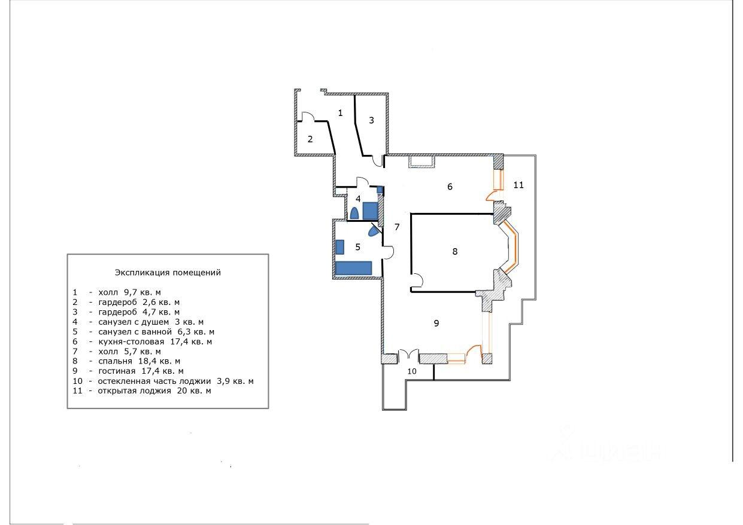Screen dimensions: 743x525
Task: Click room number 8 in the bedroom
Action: click(455, 251)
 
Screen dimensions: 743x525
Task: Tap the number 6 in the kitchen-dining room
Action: click(450, 187)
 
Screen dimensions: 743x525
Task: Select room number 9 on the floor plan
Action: click(436, 323)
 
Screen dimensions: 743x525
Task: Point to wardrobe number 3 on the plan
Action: click(371, 120)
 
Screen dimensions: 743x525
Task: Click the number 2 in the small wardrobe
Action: click(310, 139)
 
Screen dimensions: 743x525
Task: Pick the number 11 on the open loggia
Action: click(518, 185)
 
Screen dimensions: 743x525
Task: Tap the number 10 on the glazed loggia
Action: click(412, 371)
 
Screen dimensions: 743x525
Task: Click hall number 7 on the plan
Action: click(397, 227)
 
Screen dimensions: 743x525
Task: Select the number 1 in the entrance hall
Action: click(340, 113)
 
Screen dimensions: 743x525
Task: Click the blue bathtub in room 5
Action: click(353, 268)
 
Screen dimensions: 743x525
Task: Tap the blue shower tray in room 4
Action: click(370, 211)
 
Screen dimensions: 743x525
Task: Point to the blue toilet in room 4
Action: click(354, 213)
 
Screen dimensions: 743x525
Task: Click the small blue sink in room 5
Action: click(339, 247)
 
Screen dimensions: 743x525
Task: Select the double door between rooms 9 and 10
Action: click(408, 355)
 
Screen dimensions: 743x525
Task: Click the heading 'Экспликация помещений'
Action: click(168, 273)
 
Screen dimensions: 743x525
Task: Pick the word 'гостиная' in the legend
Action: click(117, 371)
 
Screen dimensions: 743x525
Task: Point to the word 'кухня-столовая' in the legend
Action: click(131, 341)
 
